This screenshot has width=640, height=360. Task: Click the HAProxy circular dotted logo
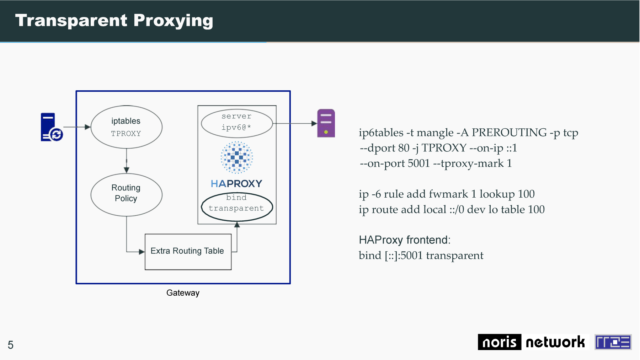236,157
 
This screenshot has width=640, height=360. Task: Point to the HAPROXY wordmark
236,183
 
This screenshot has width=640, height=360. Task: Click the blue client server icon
52,127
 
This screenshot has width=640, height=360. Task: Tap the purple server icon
326,123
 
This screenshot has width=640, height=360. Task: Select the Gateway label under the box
183,293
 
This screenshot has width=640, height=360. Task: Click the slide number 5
11,345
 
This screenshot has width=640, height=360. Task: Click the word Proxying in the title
174,21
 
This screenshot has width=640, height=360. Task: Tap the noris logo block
500,342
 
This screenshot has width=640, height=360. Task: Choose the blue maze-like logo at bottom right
613,342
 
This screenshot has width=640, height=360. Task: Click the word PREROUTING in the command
509,133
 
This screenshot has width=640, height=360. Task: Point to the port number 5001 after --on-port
419,163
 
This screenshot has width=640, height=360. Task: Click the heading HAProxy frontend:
405,240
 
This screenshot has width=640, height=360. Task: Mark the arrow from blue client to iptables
77,127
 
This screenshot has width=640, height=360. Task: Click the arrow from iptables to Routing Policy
127,161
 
